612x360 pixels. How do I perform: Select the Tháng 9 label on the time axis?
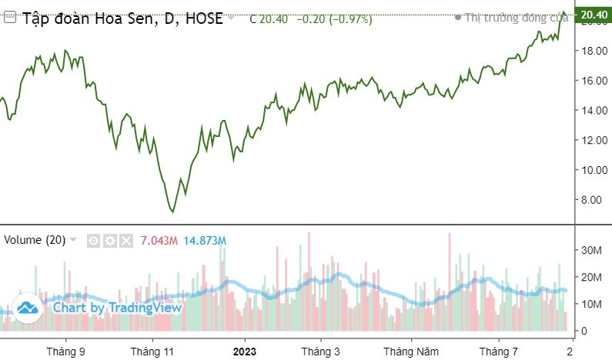point(65,351)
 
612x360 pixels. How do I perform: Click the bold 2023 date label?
point(244,351)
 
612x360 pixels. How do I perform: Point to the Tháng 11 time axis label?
point(152,351)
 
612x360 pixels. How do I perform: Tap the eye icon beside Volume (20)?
point(93,240)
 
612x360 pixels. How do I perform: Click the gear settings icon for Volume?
point(110,240)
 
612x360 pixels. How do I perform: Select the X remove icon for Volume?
point(126,240)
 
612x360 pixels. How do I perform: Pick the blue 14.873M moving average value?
point(205,240)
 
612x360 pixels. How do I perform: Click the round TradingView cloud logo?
point(28,308)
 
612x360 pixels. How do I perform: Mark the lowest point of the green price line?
point(172,212)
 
